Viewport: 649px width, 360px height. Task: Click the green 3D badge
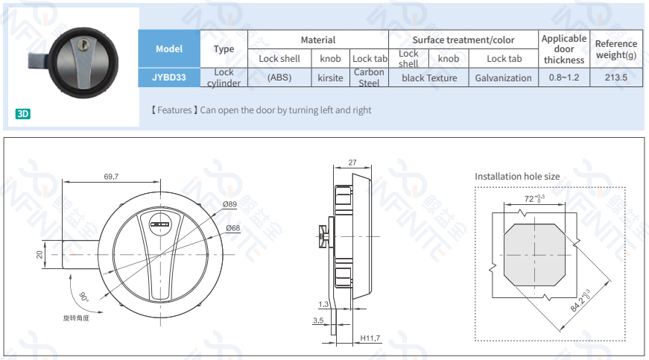tap(23, 114)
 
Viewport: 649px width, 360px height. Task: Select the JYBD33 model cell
tap(169, 78)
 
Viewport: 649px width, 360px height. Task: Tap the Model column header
tap(169, 49)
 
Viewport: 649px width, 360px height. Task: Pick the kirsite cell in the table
tap(330, 78)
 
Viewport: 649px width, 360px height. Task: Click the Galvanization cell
tap(503, 78)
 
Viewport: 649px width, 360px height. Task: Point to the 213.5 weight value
tap(616, 78)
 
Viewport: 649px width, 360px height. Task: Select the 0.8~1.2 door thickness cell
tap(564, 78)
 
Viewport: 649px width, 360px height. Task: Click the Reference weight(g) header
tap(616, 49)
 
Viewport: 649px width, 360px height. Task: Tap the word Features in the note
tap(174, 110)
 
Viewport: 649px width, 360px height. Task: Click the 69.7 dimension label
tap(111, 177)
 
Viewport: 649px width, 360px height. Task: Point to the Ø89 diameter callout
tap(229, 204)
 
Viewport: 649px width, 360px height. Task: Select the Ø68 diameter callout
tap(233, 228)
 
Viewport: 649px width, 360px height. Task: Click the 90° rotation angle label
tap(84, 297)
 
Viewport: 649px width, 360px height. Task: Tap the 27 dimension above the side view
tap(352, 162)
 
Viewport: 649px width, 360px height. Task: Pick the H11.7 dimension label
tap(370, 338)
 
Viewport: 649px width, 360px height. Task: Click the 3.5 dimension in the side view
tap(318, 320)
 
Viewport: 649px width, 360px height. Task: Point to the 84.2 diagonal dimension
tap(580, 301)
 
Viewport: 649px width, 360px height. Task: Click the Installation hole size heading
tap(517, 177)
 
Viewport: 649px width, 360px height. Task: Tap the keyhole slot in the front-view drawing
tap(159, 224)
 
